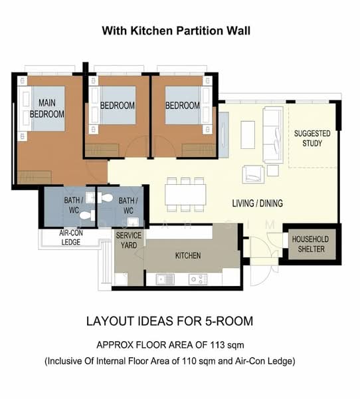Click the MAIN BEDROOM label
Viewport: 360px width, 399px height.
(47, 108)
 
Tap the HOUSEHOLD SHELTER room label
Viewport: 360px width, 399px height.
(310, 244)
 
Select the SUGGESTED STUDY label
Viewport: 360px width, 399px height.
(312, 138)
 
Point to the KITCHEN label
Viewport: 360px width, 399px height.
(188, 255)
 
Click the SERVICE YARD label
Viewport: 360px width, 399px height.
(129, 240)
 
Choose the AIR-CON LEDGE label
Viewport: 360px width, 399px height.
(71, 237)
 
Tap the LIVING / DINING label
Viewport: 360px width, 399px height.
(258, 203)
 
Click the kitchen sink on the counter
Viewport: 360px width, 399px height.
(165, 279)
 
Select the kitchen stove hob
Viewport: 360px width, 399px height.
(198, 279)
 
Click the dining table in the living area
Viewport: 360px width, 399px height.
(185, 194)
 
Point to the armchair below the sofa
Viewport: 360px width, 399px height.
(253, 174)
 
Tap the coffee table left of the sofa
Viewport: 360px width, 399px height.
(248, 135)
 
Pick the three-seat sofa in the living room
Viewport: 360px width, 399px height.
(273, 135)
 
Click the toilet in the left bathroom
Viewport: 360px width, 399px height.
(87, 215)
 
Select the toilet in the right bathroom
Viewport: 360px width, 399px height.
(105, 198)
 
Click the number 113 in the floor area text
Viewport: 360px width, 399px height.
(218, 345)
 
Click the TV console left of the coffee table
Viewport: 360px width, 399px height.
(224, 135)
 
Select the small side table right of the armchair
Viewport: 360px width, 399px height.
(273, 170)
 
